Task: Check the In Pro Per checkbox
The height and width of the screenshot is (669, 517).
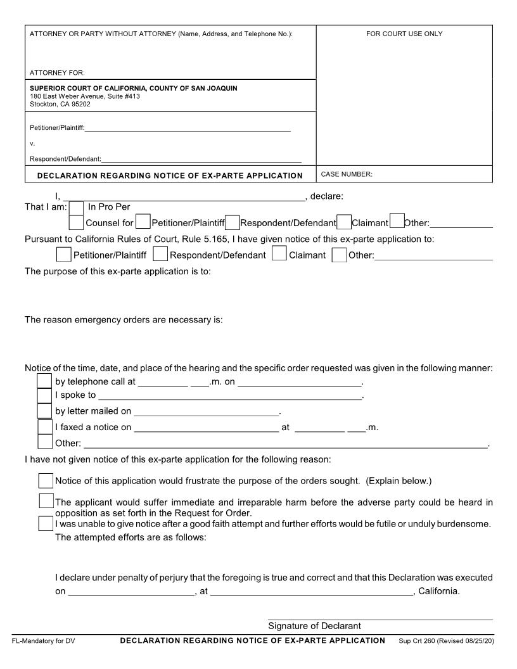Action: (x=76, y=208)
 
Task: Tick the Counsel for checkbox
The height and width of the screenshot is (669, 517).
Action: (x=76, y=222)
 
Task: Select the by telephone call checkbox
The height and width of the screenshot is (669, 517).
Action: (x=45, y=380)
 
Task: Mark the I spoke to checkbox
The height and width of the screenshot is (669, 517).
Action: (x=45, y=395)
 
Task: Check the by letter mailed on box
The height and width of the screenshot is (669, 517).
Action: (x=45, y=411)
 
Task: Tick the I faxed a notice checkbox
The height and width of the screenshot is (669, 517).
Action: (x=45, y=426)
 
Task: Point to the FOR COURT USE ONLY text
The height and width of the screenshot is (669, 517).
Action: (x=404, y=34)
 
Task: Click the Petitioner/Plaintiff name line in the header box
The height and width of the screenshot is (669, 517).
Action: (x=188, y=129)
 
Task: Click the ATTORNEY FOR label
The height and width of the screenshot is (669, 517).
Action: (x=58, y=73)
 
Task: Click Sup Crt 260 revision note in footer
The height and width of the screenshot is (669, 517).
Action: (x=446, y=641)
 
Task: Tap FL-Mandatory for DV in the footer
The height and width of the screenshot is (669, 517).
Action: (x=44, y=641)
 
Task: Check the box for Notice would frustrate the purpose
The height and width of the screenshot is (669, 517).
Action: (x=46, y=480)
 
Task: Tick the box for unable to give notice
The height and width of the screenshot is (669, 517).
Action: (x=45, y=524)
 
